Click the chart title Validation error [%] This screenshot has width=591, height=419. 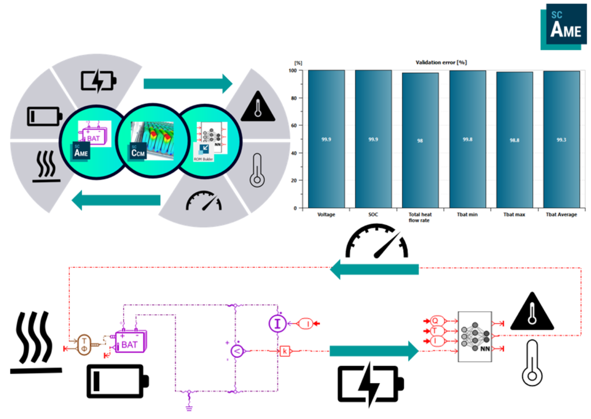tap(442, 62)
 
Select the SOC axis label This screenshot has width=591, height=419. tap(373, 215)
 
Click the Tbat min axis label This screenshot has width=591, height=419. tap(467, 215)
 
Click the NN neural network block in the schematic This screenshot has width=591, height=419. tap(474, 337)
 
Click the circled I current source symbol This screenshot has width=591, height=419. tap(278, 324)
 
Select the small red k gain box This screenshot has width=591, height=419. tap(285, 351)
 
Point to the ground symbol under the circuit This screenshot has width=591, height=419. tap(188, 406)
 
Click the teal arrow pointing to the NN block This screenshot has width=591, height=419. tap(373, 351)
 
